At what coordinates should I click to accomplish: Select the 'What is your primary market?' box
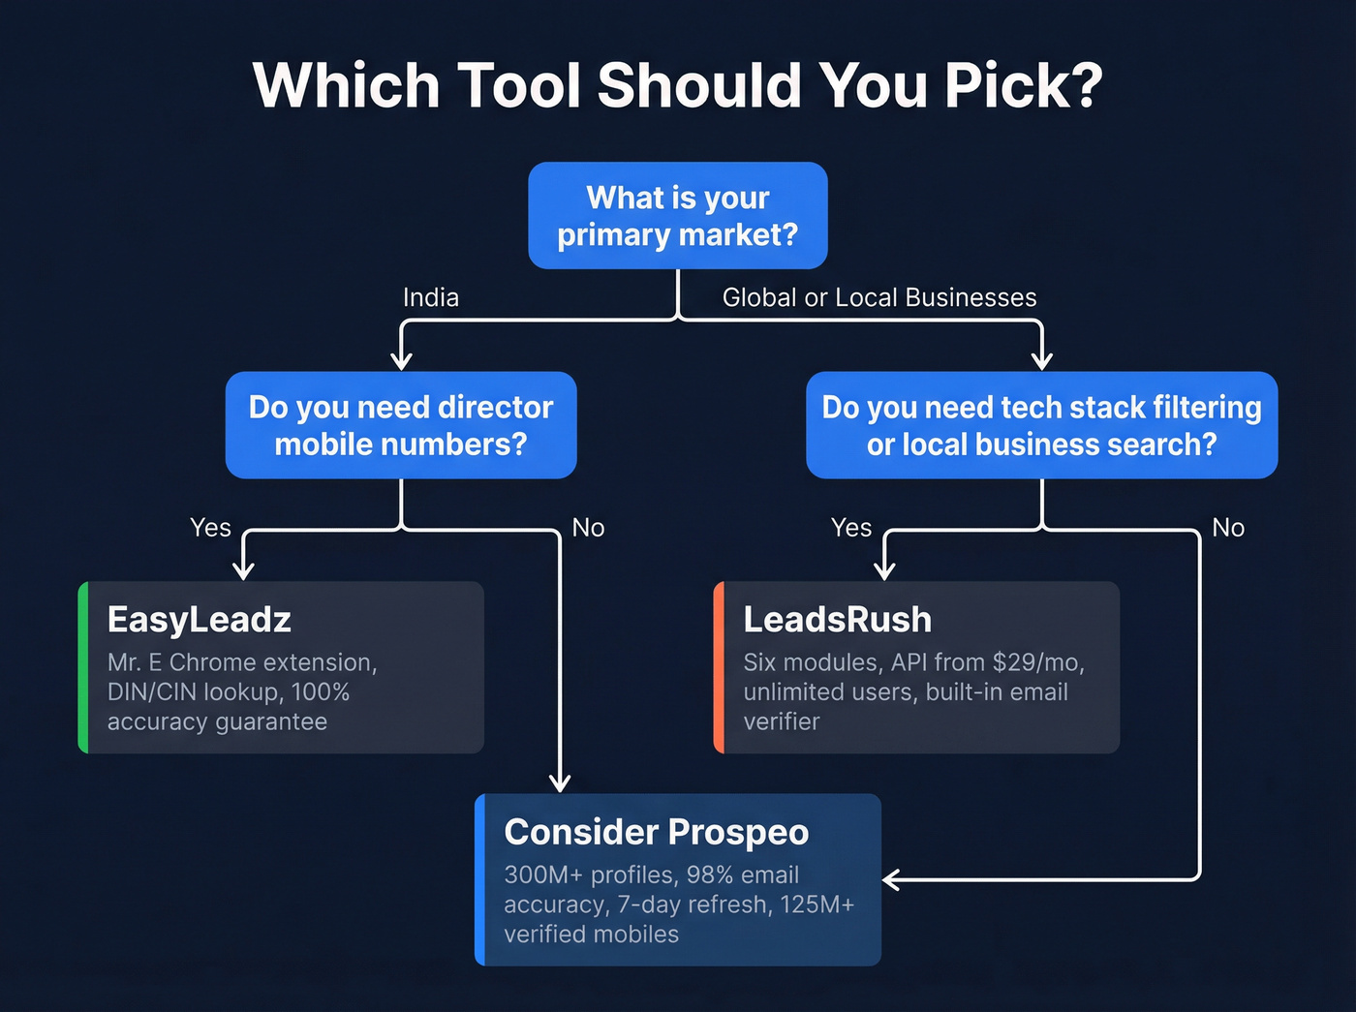pyautogui.click(x=677, y=215)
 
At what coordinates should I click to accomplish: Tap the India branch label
pyautogui.click(x=431, y=297)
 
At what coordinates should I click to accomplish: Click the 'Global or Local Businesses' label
pyautogui.click(x=878, y=297)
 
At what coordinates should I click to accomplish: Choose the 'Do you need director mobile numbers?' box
pyautogui.click(x=401, y=425)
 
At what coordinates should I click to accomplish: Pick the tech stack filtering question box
pyautogui.click(x=1041, y=425)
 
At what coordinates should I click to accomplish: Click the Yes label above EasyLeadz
pyautogui.click(x=210, y=528)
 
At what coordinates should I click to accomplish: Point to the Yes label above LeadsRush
pyautogui.click(x=851, y=528)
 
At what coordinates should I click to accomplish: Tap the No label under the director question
pyautogui.click(x=588, y=528)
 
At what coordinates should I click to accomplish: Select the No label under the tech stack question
pyautogui.click(x=1228, y=528)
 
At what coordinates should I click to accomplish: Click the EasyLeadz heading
pyautogui.click(x=200, y=620)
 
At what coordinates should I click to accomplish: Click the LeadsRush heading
pyautogui.click(x=837, y=620)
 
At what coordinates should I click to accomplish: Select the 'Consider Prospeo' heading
pyautogui.click(x=656, y=832)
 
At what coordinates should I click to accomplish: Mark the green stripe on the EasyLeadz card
pyautogui.click(x=83, y=667)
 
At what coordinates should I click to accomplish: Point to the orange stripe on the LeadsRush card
pyautogui.click(x=719, y=667)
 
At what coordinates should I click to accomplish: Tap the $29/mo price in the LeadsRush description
pyautogui.click(x=1037, y=662)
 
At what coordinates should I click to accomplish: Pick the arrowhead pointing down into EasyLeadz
pyautogui.click(x=244, y=570)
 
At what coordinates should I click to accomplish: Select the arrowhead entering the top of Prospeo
pyautogui.click(x=560, y=782)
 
